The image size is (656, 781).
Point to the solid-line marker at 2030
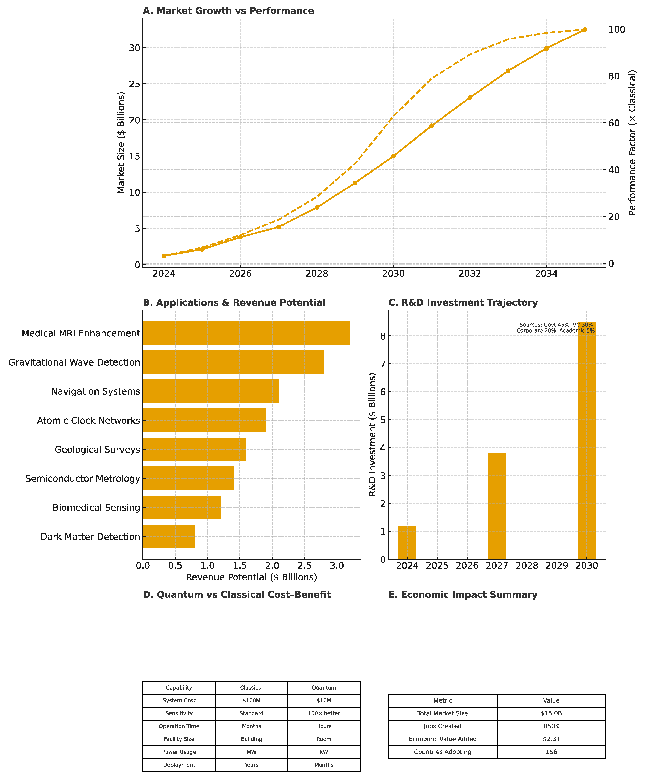(394, 156)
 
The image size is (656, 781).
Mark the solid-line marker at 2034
(546, 48)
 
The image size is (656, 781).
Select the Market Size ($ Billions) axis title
(121, 143)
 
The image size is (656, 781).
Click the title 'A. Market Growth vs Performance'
(228, 11)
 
